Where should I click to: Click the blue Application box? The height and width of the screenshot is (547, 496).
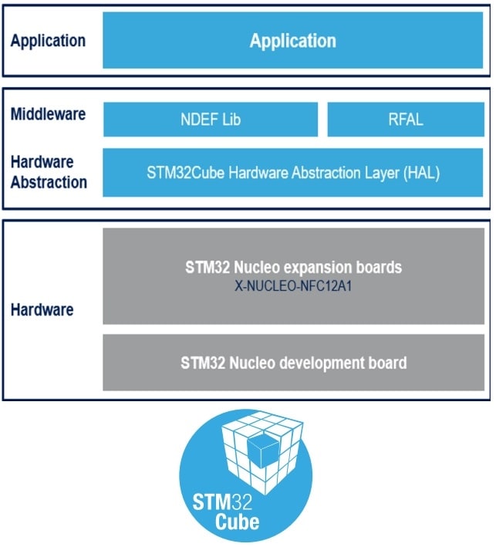coord(293,40)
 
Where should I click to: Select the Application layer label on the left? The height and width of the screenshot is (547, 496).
coord(48,40)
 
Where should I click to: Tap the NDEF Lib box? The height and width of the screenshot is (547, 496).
coord(211,120)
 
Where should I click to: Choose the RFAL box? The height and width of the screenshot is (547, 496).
coord(406,120)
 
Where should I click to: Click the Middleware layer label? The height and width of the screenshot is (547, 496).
coord(48,114)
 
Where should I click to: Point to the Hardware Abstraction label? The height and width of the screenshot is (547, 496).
coord(48,172)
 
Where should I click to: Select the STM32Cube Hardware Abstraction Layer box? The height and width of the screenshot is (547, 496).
coord(293,173)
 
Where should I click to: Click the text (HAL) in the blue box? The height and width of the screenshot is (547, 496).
coord(420,173)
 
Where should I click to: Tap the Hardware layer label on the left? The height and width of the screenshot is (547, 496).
coord(42,309)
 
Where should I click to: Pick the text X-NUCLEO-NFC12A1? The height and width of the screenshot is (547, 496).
coord(293,283)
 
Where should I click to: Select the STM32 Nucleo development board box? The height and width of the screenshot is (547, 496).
coord(293,362)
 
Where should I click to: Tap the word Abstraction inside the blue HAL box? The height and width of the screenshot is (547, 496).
coord(293,173)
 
